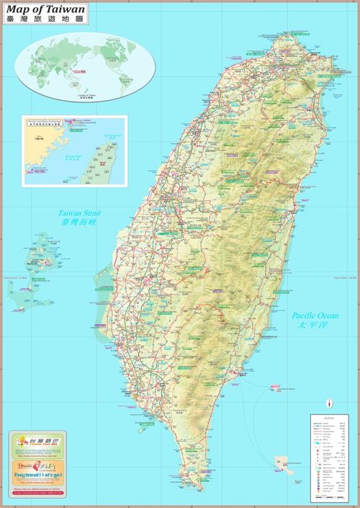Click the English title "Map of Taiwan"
[45, 10]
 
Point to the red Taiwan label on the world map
[82, 71]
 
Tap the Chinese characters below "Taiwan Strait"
[78, 223]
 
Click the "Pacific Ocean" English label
[315, 316]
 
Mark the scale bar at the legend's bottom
[332, 499]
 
